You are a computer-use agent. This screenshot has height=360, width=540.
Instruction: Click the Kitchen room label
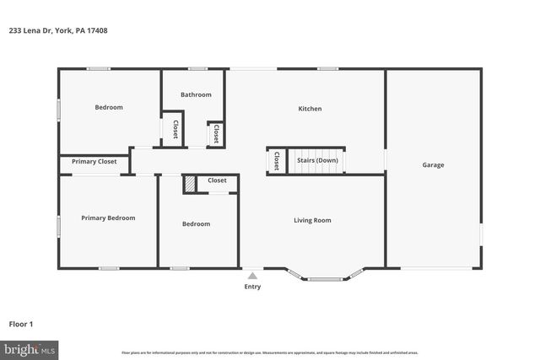click(x=310, y=109)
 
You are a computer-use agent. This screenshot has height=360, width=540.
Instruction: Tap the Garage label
click(x=433, y=165)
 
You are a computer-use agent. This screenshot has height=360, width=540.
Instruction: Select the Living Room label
click(x=312, y=221)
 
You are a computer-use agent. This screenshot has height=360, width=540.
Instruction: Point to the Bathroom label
click(x=196, y=95)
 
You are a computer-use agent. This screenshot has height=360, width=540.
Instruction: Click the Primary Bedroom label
click(x=108, y=218)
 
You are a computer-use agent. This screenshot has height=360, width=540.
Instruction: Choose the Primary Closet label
click(x=94, y=161)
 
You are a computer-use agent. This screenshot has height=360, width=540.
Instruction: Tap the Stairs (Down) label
click(x=316, y=160)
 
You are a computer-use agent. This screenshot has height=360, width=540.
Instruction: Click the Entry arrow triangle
click(x=252, y=275)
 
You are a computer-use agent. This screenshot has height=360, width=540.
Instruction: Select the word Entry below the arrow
click(x=252, y=287)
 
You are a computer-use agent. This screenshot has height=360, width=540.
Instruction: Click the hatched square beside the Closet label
click(x=191, y=183)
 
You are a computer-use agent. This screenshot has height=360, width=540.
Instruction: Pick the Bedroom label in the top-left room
click(x=108, y=107)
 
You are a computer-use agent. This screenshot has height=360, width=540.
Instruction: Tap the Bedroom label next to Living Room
click(x=196, y=224)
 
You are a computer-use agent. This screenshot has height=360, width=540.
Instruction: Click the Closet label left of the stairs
click(x=276, y=160)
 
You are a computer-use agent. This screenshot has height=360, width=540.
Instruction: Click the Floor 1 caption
click(x=21, y=324)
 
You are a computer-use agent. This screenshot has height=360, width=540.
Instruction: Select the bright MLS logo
click(x=30, y=348)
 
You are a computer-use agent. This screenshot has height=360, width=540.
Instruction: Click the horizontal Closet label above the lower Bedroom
click(x=217, y=180)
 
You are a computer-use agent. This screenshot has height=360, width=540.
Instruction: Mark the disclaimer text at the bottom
click(x=270, y=352)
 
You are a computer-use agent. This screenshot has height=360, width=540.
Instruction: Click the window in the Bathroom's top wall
click(x=197, y=68)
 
